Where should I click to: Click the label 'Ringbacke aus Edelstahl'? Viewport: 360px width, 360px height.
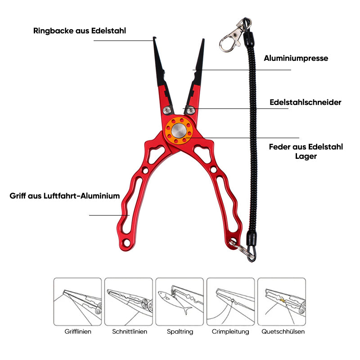pyautogui.click(x=80, y=31)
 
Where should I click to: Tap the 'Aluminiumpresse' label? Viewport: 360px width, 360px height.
pyautogui.click(x=296, y=58)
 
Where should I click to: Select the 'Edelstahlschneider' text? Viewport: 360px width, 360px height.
pyautogui.click(x=306, y=102)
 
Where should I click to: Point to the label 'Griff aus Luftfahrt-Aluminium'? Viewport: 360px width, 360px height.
pyautogui.click(x=65, y=196)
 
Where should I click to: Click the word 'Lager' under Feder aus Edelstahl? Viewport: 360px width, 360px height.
pyautogui.click(x=306, y=156)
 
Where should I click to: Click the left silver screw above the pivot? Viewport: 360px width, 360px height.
pyautogui.click(x=167, y=110)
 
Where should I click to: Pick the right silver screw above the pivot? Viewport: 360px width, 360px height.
pyautogui.click(x=190, y=111)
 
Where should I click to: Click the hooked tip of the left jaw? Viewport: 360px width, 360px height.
pyautogui.click(x=154, y=38)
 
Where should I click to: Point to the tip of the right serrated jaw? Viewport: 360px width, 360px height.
pyautogui.click(x=203, y=40)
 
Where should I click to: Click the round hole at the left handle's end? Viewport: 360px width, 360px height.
pyautogui.click(x=126, y=242)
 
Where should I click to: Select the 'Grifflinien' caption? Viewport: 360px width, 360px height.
pyautogui.click(x=78, y=332)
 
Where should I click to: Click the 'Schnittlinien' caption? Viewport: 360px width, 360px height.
pyautogui.click(x=130, y=332)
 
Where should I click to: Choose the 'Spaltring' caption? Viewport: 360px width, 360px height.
pyautogui.click(x=180, y=332)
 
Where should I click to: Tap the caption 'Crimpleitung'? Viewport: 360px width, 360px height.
pyautogui.click(x=230, y=332)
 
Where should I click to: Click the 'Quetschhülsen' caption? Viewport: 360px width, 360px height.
pyautogui.click(x=283, y=332)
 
